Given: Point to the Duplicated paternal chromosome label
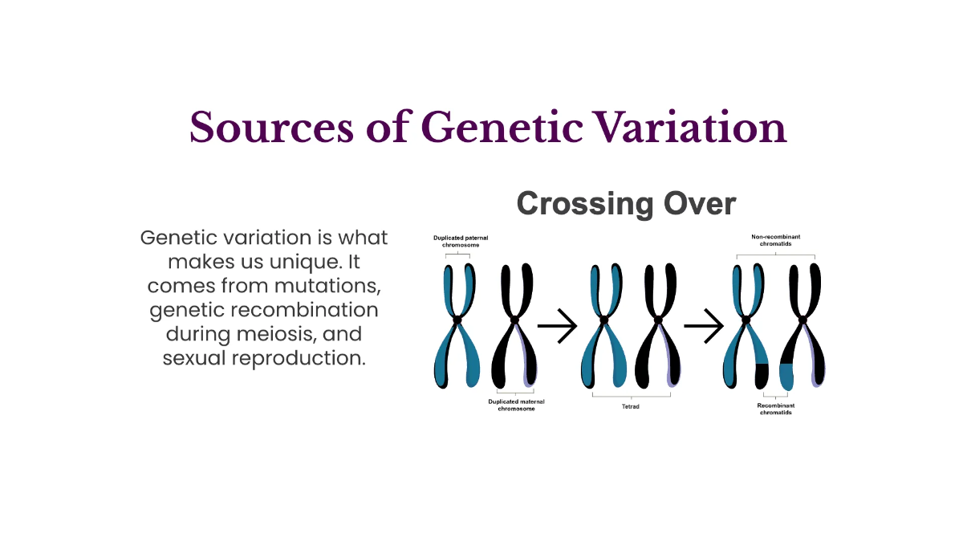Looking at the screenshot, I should [461, 241].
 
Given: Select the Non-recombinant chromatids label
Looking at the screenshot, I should [775, 240].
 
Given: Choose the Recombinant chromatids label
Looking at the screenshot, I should [775, 409].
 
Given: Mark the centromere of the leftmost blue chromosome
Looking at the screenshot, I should [457, 320].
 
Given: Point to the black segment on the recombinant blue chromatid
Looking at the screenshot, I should [762, 373].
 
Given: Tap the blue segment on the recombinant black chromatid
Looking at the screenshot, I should [786, 376].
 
